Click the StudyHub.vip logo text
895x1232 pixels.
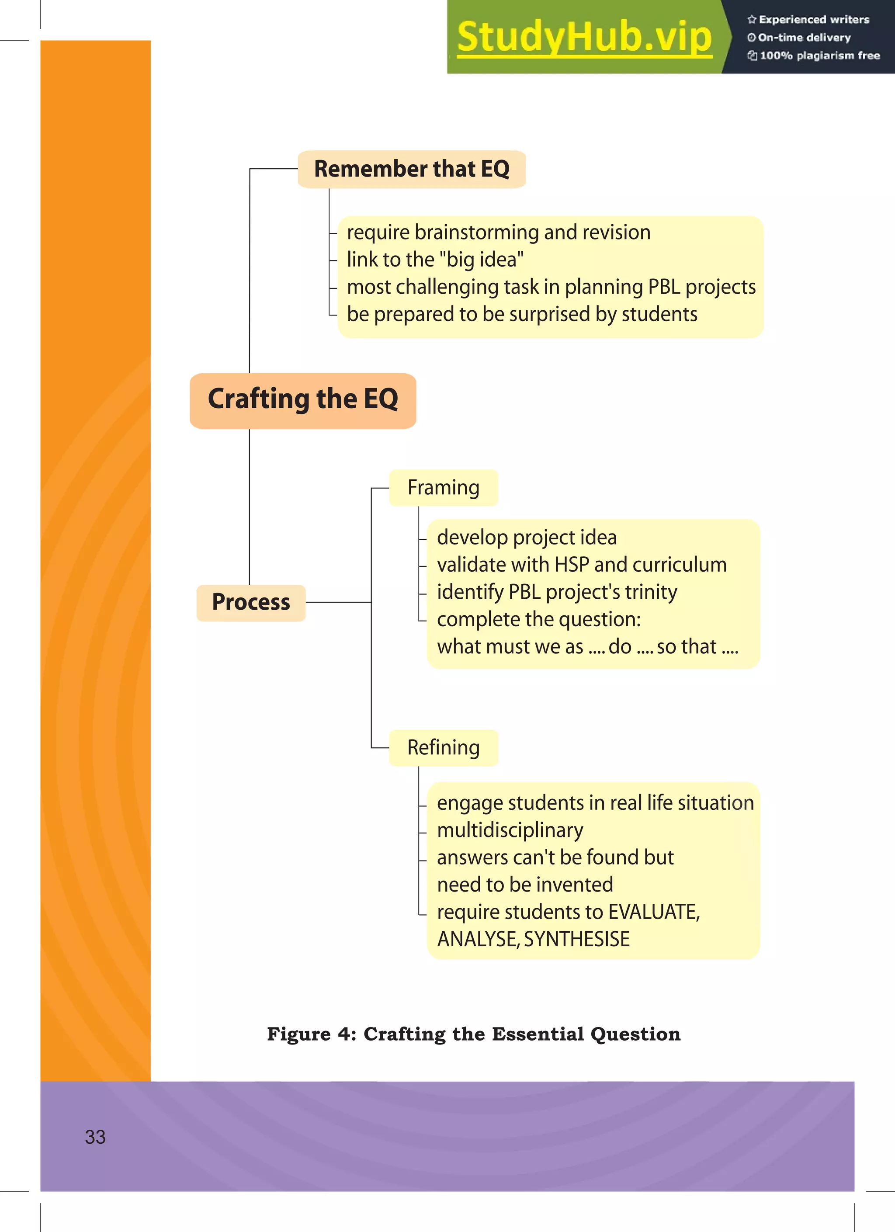pos(584,38)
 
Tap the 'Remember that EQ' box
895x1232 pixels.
pos(412,169)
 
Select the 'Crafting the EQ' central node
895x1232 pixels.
pos(302,400)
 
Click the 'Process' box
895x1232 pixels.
pos(251,602)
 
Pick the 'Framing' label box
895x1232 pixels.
pos(443,488)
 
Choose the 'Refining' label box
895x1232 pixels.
pos(443,748)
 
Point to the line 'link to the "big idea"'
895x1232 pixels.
pos(435,260)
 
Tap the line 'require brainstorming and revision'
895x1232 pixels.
pos(499,233)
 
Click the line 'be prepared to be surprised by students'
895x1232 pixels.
pos(522,315)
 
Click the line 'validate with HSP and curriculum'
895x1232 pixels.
pos(582,565)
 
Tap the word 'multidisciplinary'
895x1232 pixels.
pos(510,830)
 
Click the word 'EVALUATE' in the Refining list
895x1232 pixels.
pos(653,912)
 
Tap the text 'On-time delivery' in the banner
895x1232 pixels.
pos(804,38)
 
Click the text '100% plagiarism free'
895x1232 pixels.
pos(819,56)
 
